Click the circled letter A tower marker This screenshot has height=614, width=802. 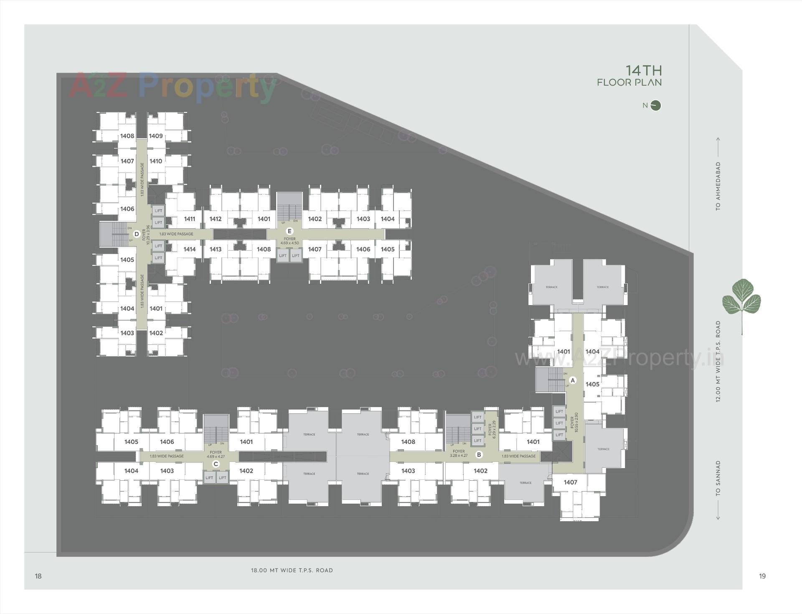pyautogui.click(x=573, y=380)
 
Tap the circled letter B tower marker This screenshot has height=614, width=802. pyautogui.click(x=479, y=455)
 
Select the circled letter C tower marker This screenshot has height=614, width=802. pyautogui.click(x=216, y=464)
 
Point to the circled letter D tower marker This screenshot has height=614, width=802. pyautogui.click(x=136, y=234)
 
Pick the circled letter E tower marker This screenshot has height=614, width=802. pyautogui.click(x=289, y=231)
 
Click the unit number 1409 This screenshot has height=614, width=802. pyautogui.click(x=156, y=136)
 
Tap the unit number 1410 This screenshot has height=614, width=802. pyautogui.click(x=156, y=161)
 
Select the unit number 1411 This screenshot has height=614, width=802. pyautogui.click(x=190, y=219)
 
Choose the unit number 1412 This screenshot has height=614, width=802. pyautogui.click(x=216, y=219)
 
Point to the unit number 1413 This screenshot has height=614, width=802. pyautogui.click(x=216, y=249)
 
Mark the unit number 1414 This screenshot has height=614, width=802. pyautogui.click(x=190, y=249)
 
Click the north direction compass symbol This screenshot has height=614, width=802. pyautogui.click(x=656, y=105)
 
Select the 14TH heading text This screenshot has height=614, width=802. pyautogui.click(x=644, y=70)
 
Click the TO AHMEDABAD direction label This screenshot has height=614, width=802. pyautogui.click(x=718, y=186)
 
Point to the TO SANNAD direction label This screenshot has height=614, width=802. pyautogui.click(x=718, y=479)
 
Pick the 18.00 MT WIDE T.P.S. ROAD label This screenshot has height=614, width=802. pyautogui.click(x=292, y=570)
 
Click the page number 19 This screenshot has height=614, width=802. pyautogui.click(x=762, y=576)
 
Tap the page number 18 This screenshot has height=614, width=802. pyautogui.click(x=38, y=576)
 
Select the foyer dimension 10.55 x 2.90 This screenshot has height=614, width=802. pyautogui.click(x=576, y=423)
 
